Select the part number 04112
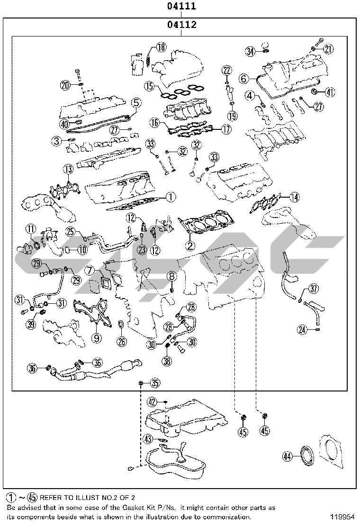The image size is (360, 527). tap(181, 25)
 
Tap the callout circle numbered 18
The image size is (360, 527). tap(161, 47)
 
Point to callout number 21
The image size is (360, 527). tap(328, 48)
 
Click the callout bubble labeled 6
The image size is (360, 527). tap(243, 78)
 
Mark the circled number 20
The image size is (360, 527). tap(65, 85)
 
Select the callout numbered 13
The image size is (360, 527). tap(69, 169)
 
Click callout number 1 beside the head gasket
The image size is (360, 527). tap(171, 195)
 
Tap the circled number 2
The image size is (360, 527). tap(190, 245)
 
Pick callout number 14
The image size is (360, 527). tap(295, 196)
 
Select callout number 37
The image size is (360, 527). tap(314, 288)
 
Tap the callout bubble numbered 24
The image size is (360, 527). tap(303, 329)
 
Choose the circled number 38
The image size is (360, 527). tap(167, 362)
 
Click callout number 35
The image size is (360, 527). tap(155, 382)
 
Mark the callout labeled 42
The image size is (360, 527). tap(152, 402)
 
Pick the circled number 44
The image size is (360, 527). tap(287, 456)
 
